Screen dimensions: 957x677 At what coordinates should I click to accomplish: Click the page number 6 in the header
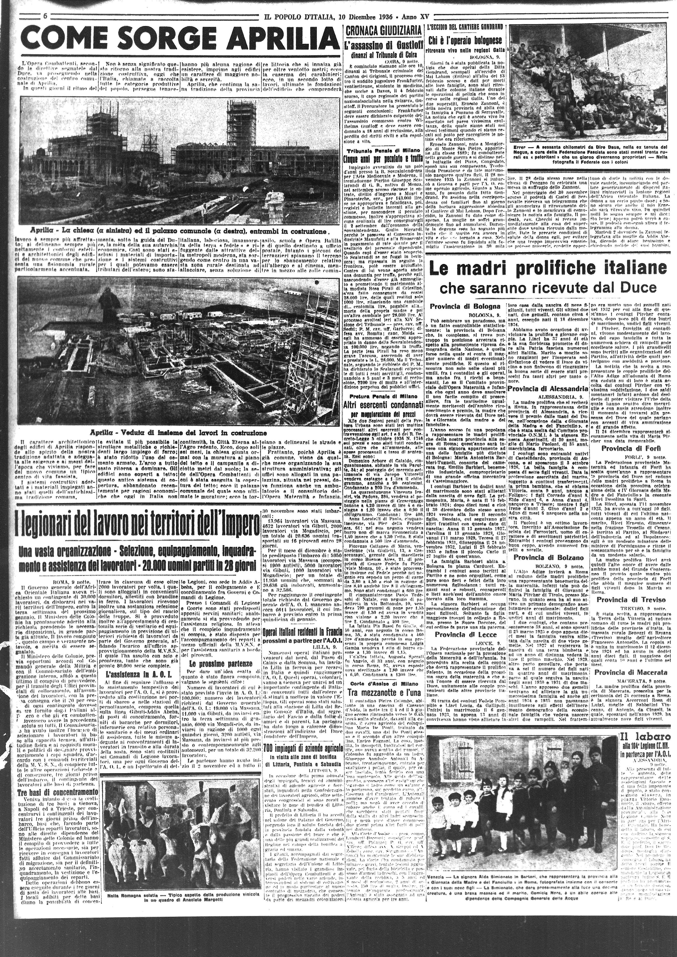[44, 17]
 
